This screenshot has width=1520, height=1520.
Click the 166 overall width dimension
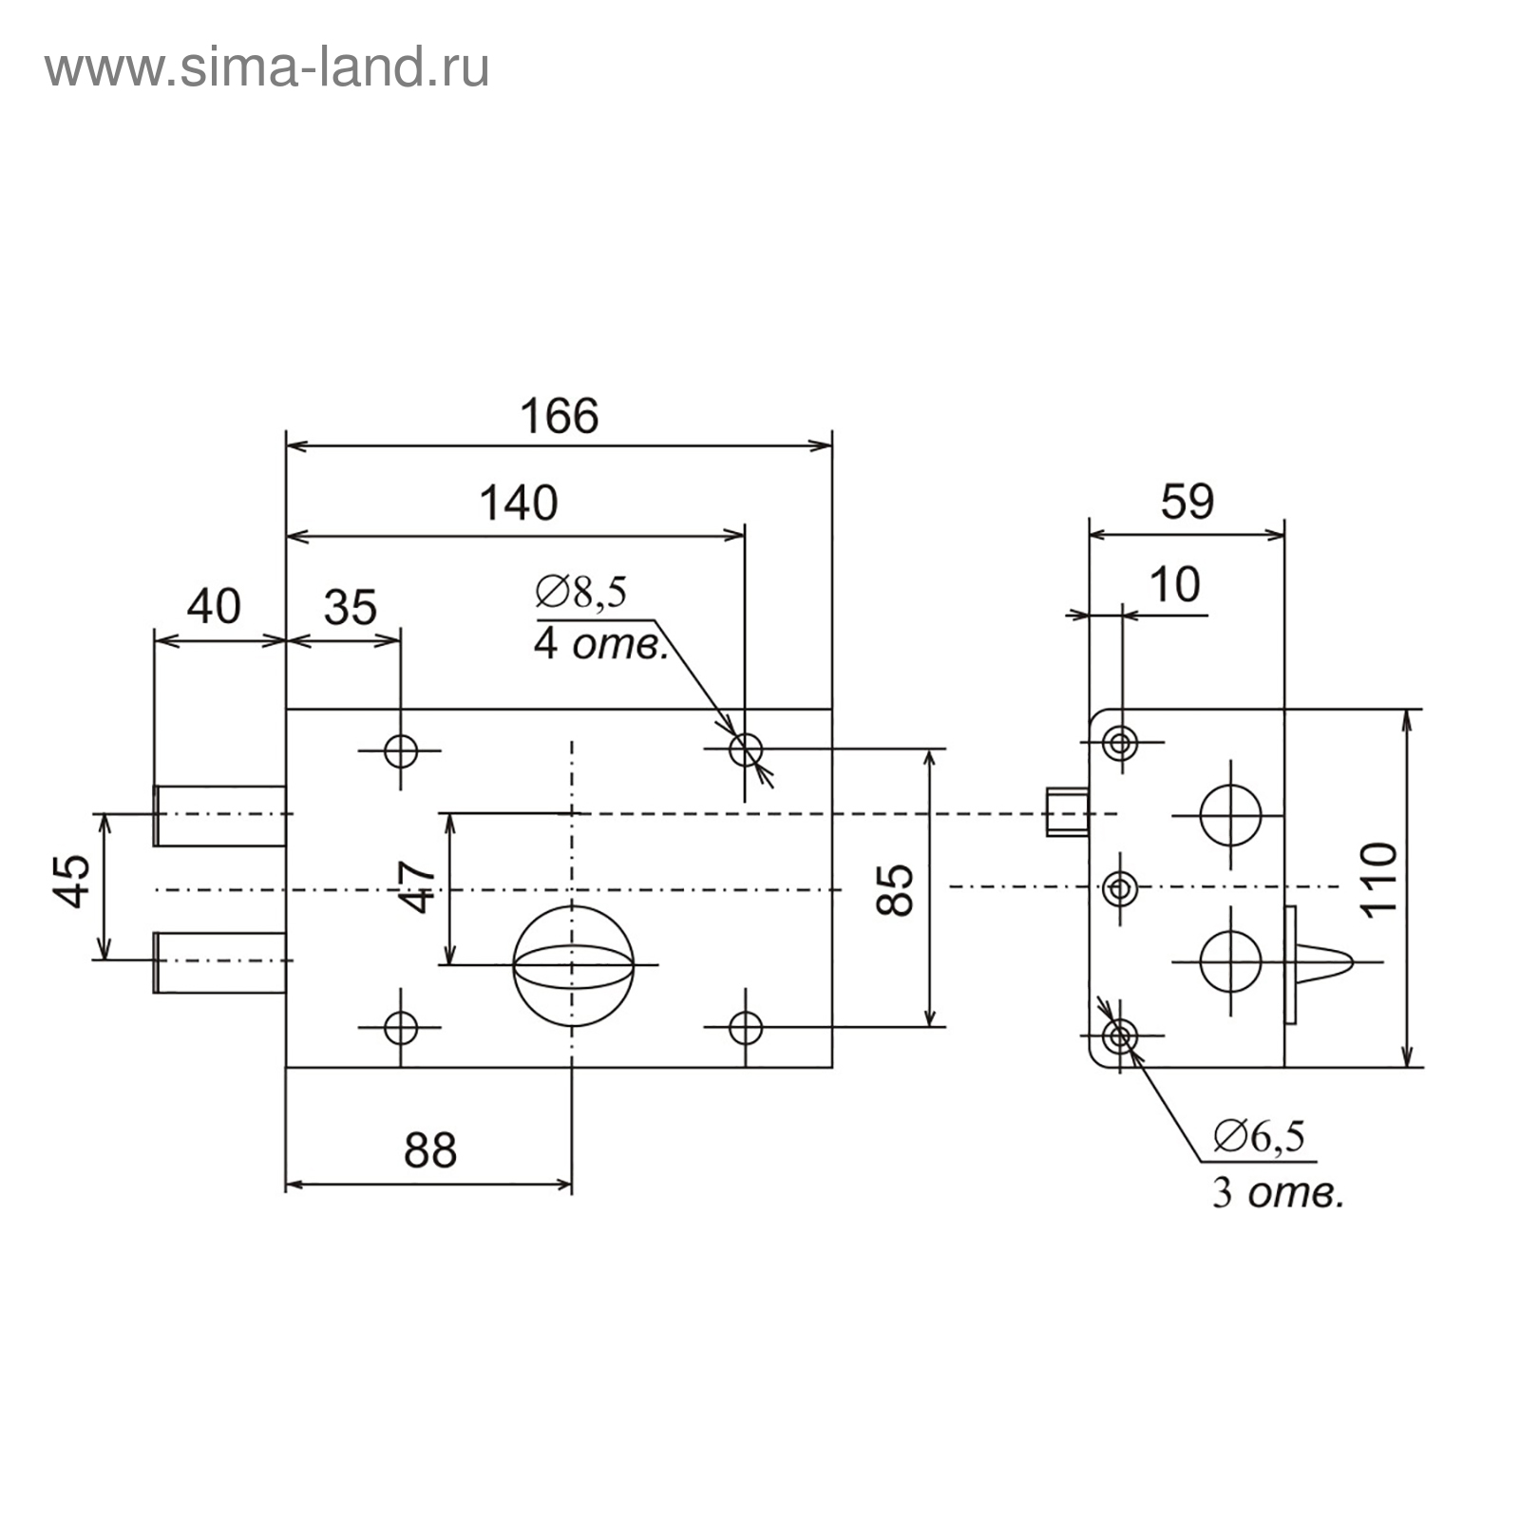560,416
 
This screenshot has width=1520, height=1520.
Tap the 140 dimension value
518,503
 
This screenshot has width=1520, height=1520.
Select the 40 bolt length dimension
214,606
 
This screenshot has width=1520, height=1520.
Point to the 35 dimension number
351,608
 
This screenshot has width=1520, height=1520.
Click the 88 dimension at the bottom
430,1150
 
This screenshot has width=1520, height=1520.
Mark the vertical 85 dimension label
896,889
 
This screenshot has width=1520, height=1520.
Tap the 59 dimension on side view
1187,502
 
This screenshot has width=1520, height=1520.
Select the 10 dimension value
1175,585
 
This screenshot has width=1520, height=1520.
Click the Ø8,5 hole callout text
580,592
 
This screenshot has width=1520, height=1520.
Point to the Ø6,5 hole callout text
1260,1136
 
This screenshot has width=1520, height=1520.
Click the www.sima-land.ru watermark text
267,68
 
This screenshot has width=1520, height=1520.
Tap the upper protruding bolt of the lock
220,815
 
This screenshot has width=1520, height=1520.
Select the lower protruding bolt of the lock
220,962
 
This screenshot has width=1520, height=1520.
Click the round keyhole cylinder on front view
573,965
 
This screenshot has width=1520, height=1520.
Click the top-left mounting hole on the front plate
401,750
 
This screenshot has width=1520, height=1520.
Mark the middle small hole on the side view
1120,888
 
